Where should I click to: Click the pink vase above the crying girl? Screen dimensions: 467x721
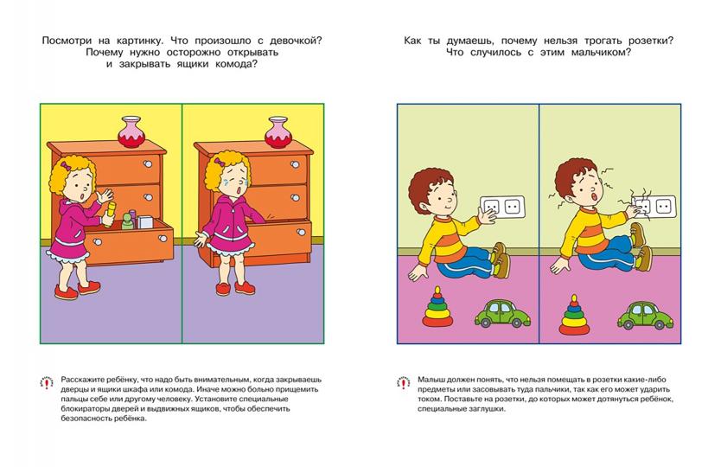(278, 133)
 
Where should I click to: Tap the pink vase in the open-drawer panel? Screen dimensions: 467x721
(132, 133)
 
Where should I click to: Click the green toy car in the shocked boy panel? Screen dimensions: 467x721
(643, 313)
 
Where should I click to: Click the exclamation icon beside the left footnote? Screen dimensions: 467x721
(46, 382)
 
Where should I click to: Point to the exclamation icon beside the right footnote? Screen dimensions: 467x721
(402, 382)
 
